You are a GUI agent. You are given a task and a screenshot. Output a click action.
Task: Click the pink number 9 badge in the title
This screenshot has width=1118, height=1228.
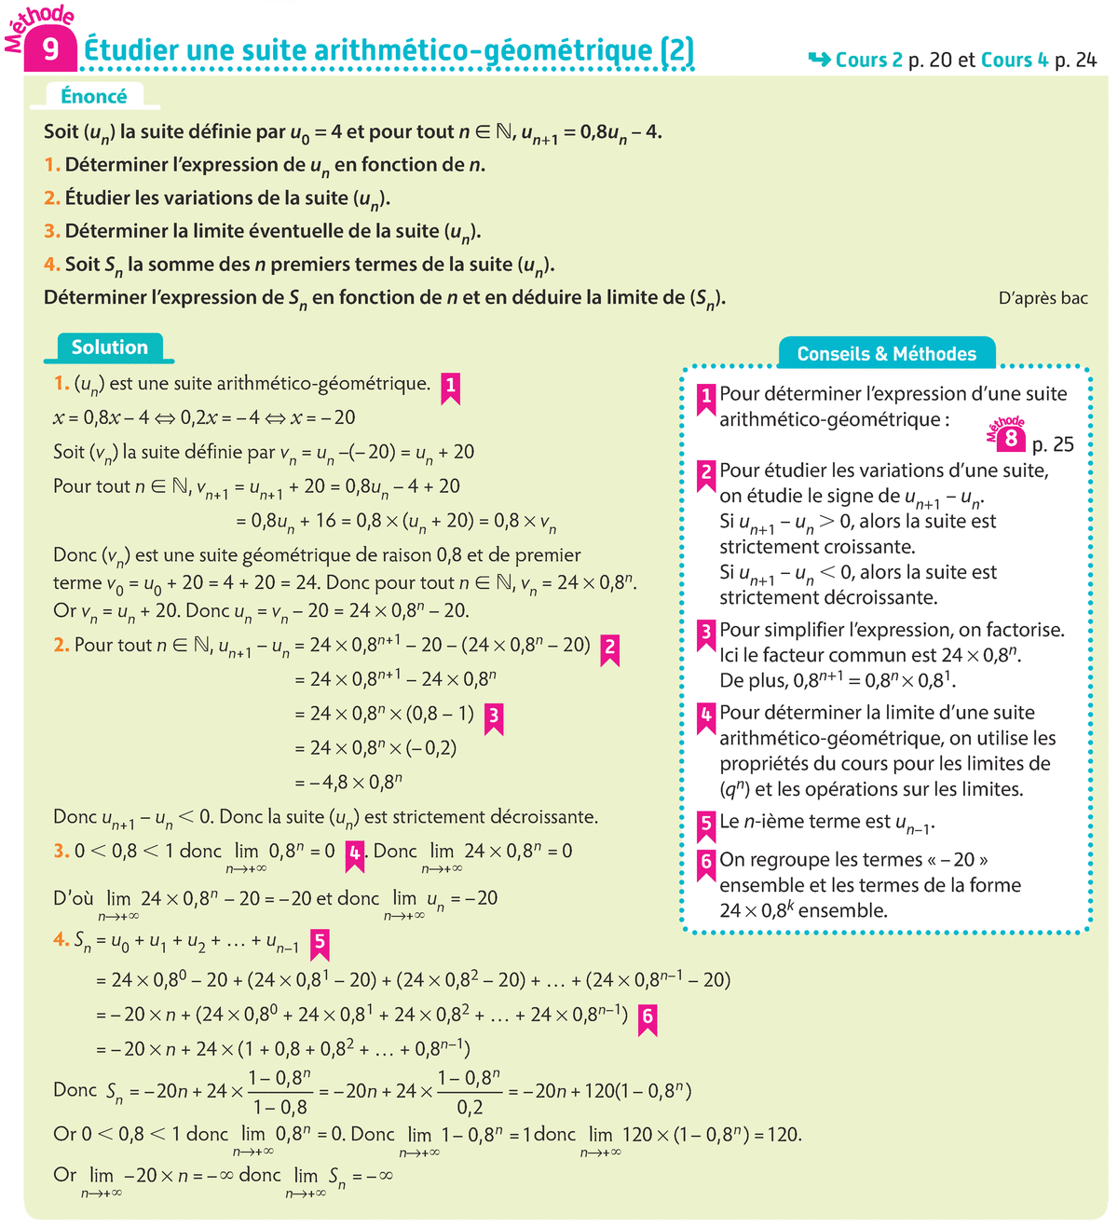pyautogui.click(x=50, y=48)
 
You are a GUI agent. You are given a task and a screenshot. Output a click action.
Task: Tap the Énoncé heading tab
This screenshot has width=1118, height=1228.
pyautogui.click(x=94, y=96)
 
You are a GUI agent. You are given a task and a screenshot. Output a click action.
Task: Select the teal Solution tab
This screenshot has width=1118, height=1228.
pyautogui.click(x=109, y=348)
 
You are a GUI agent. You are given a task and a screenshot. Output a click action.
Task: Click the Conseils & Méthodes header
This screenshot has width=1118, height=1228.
pyautogui.click(x=886, y=354)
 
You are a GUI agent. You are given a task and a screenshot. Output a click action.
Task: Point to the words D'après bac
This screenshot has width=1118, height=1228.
pyautogui.click(x=1043, y=298)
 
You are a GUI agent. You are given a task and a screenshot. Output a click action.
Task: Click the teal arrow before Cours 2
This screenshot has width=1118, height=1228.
pyautogui.click(x=819, y=60)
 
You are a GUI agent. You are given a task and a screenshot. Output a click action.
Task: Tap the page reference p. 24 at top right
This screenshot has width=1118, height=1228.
pyautogui.click(x=1075, y=61)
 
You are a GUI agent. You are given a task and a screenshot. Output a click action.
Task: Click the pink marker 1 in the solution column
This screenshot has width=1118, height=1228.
pyautogui.click(x=451, y=386)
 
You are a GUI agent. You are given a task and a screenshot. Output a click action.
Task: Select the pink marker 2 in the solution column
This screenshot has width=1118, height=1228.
pyautogui.click(x=609, y=648)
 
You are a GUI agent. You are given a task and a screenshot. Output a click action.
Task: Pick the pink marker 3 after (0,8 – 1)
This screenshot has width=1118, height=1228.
pyautogui.click(x=494, y=716)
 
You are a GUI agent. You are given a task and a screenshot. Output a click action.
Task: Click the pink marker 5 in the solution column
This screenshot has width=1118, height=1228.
pyautogui.click(x=320, y=943)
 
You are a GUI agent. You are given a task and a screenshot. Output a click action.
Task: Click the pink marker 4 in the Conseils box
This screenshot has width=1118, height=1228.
pyautogui.click(x=706, y=716)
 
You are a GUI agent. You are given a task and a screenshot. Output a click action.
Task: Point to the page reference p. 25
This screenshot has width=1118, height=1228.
pyautogui.click(x=1053, y=444)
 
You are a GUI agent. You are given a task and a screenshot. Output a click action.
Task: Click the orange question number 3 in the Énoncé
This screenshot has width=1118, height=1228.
pyautogui.click(x=51, y=231)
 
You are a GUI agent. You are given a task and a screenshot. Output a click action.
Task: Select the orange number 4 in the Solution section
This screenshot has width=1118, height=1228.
pyautogui.click(x=61, y=940)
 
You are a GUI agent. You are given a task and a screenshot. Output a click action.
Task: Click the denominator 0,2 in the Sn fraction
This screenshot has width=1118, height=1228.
pyautogui.click(x=470, y=1108)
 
